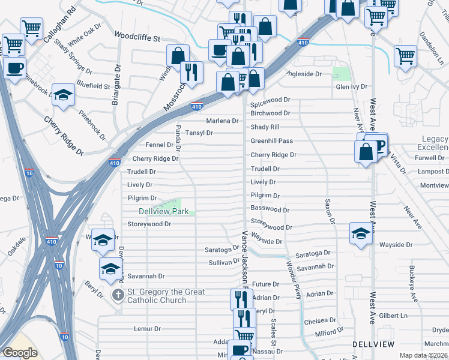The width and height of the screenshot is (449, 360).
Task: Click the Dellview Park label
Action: tap(164, 211)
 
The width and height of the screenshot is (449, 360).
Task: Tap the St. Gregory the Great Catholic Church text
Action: tap(166, 296)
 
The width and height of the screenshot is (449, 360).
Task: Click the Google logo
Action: tap(20, 353)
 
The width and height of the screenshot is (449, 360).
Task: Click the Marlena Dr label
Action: tap(222, 121)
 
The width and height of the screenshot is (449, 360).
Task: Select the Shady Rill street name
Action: tap(265, 127)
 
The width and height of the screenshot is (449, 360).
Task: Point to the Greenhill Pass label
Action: tap(271, 140)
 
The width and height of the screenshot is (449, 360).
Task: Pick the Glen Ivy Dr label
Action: tap(351, 86)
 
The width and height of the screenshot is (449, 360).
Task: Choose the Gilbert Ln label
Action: tap(393, 316)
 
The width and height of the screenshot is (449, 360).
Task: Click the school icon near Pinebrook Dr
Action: tap(63, 95)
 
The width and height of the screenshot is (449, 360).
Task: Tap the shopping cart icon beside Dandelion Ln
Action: tap(406, 56)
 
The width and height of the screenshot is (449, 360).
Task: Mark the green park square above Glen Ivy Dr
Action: tap(341, 74)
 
